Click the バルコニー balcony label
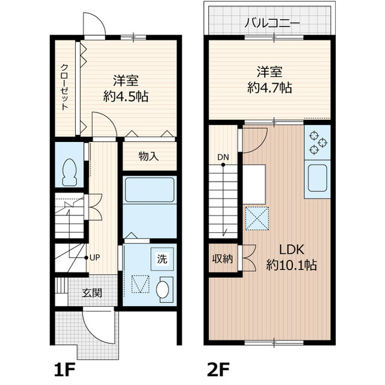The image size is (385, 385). (272, 23)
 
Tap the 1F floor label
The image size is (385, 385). (64, 368)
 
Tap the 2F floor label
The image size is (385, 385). (218, 368)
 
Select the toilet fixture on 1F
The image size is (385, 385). (70, 172)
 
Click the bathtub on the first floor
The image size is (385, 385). (150, 190)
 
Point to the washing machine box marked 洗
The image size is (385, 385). (162, 259)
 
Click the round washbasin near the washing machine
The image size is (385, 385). (164, 290)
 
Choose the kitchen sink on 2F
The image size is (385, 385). (317, 178)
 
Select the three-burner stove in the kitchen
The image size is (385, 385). (317, 143)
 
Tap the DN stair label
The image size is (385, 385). (223, 157)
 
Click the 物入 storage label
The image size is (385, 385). (149, 156)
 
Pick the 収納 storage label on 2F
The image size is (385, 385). (223, 259)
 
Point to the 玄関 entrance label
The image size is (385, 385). (92, 293)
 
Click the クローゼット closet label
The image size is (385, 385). (64, 87)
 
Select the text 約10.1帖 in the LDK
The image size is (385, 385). (291, 265)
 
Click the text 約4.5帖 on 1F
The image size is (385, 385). (126, 96)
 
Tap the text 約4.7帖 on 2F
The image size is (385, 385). (269, 87)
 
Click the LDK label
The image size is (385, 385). (292, 249)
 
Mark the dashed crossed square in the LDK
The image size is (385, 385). (257, 218)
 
